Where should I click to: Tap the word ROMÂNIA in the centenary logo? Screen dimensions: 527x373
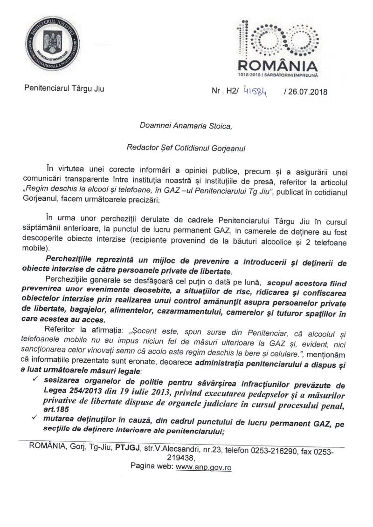[278, 65]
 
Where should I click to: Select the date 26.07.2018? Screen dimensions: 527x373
[305, 91]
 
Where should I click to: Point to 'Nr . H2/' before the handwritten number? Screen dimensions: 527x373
[225, 91]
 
